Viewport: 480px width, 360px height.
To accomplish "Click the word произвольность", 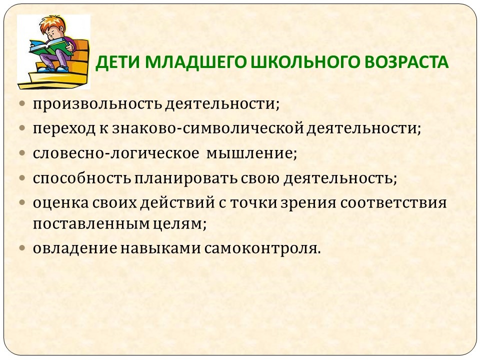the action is (97, 104).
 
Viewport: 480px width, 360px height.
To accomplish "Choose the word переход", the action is (64, 128).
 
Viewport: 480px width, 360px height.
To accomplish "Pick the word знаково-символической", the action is (207, 128).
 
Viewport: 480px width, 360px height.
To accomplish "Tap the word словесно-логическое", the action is (115, 153).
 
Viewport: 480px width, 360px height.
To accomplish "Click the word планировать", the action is (186, 178).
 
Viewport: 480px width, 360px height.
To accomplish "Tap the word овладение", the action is (75, 248).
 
